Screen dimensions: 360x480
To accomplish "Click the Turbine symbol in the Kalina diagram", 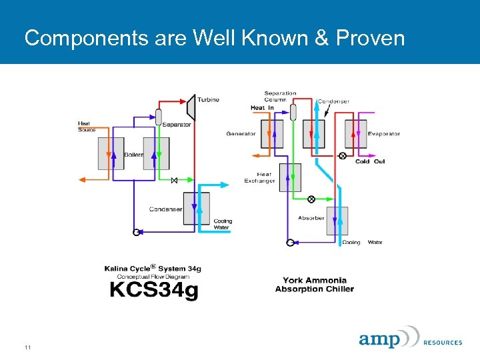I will (190, 105).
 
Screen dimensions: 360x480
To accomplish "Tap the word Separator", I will (177, 125).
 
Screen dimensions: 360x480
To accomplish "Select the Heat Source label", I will (87, 127).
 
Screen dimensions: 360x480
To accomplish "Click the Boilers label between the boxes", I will (133, 155).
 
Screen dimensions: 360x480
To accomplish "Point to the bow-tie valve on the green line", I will (174, 181).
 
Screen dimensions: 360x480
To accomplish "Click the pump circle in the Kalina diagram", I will (136, 233).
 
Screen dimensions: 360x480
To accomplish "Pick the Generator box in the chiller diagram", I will (272, 133).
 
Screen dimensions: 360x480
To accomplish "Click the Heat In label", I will (262, 108).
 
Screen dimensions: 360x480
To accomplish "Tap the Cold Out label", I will (370, 161).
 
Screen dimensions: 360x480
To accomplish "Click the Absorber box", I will (337, 221).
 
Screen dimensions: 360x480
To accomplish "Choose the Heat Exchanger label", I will (259, 178).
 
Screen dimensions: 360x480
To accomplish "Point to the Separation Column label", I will (280, 97).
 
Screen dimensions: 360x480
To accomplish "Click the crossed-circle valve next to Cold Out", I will (343, 156).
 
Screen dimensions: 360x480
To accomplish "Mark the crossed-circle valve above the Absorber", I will (311, 199).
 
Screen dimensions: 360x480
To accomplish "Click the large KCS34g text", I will (153, 290).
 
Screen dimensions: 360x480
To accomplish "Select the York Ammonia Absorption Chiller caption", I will (314, 285).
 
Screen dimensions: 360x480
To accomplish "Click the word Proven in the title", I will (370, 38).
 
